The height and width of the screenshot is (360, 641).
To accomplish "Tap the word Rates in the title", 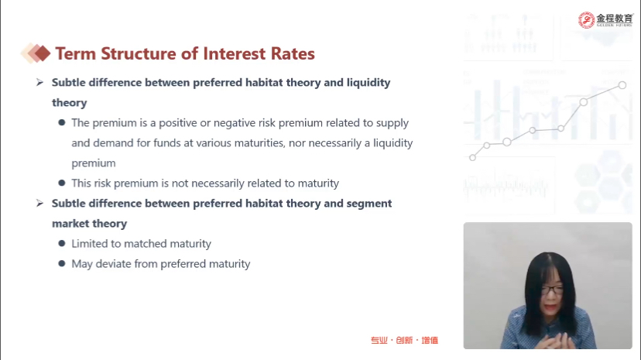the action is [293, 53].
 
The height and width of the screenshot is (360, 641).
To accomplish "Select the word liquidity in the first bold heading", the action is [368, 83].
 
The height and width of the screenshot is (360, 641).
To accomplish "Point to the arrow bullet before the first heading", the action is [39, 83].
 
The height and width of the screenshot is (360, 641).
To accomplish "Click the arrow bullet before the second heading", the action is [39, 203].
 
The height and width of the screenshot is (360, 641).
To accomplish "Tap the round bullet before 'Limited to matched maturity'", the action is [62, 244].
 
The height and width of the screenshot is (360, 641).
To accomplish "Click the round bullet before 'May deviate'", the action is [62, 263].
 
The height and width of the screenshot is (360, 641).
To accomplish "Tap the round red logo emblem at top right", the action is [586, 20].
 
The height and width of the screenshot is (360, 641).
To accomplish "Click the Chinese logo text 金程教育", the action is [615, 19].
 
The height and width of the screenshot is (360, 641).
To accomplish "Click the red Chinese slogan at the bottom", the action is [404, 341].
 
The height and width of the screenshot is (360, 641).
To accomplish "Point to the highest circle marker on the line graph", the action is [622, 85].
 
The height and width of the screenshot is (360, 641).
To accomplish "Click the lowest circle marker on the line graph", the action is [472, 157].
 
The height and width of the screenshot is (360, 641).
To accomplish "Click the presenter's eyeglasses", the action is [552, 290].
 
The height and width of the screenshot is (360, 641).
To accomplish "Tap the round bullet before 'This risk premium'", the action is [62, 183].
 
